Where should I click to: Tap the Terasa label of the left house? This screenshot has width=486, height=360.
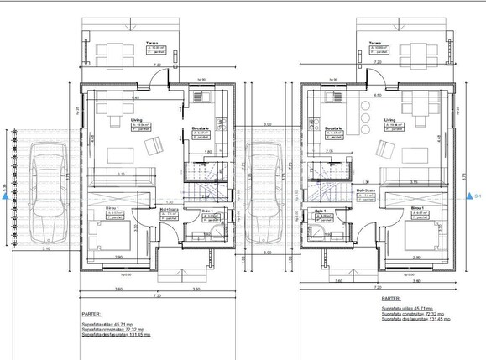pyautogui.click(x=151, y=41)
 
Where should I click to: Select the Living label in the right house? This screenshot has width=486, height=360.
pyautogui.click(x=389, y=120)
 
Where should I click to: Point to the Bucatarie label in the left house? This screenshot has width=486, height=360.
pyautogui.click(x=201, y=128)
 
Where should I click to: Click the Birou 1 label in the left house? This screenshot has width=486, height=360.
pyautogui.click(x=112, y=207)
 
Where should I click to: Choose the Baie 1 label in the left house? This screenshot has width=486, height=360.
pyautogui.click(x=206, y=210)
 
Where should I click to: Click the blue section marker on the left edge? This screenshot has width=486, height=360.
pyautogui.click(x=5, y=196)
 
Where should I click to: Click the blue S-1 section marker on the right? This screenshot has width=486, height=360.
pyautogui.click(x=468, y=196)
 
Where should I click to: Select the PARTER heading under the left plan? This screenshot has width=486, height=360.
pyautogui.click(x=91, y=297)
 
